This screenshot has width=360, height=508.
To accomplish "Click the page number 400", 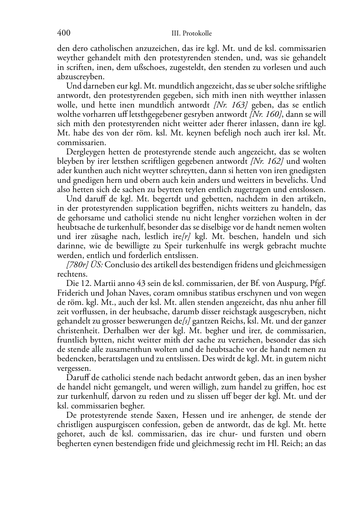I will tap(63, 33).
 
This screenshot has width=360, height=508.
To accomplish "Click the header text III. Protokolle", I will tap(191, 34).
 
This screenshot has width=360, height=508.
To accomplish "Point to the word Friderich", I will tap(72, 293).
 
